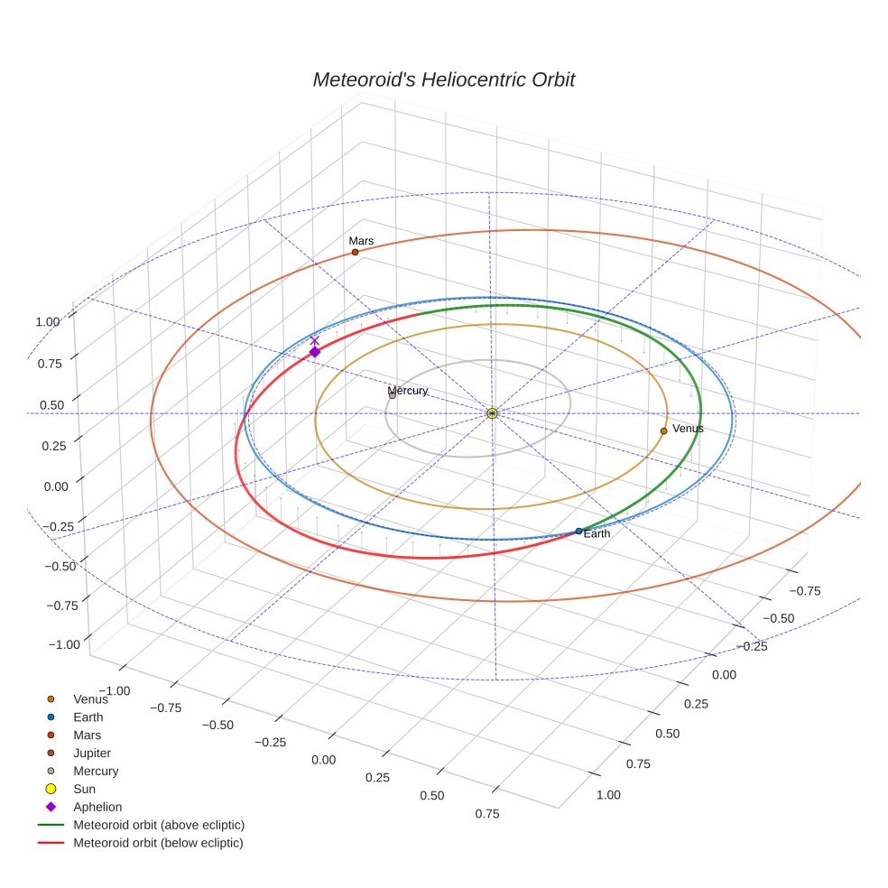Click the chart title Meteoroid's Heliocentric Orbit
443,79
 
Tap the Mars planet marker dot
355,252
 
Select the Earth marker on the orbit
578,531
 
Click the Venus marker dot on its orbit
663,430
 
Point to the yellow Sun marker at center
492,412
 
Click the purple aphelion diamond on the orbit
314,352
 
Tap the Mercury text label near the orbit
407,391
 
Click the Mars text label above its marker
361,241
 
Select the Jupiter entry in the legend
92,753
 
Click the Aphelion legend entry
97,807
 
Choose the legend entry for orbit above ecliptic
158,825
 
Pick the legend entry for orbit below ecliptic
158,843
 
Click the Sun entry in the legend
84,789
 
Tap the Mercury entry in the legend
96,771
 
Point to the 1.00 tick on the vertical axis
47,321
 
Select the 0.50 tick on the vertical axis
51,405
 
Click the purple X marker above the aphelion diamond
314,339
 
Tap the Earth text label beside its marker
597,534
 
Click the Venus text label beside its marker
688,429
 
